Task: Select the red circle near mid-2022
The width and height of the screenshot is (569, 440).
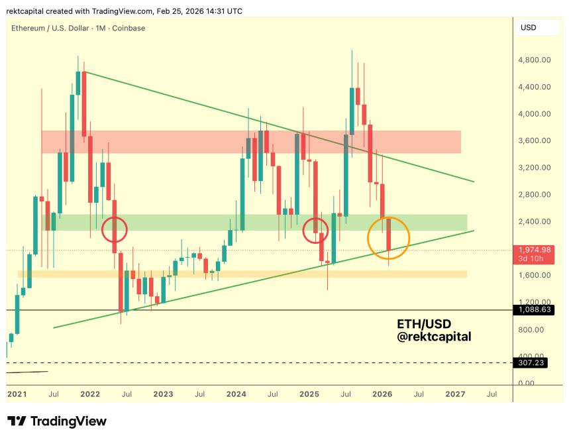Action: point(115,231)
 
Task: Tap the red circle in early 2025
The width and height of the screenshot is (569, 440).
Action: point(315,230)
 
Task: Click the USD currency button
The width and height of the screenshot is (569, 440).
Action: point(529,28)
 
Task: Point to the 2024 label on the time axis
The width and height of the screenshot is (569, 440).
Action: point(236,394)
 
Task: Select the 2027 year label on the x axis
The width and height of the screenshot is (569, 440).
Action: point(455,394)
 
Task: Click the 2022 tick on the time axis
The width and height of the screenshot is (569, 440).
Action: point(90,394)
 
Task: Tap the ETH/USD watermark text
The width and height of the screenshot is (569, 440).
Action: point(424,325)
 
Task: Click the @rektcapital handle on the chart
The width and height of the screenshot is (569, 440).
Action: point(435,337)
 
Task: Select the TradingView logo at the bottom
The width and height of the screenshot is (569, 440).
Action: point(57,421)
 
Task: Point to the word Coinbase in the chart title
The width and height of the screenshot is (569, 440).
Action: point(129,28)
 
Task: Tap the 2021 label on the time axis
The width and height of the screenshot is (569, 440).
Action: point(17,394)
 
